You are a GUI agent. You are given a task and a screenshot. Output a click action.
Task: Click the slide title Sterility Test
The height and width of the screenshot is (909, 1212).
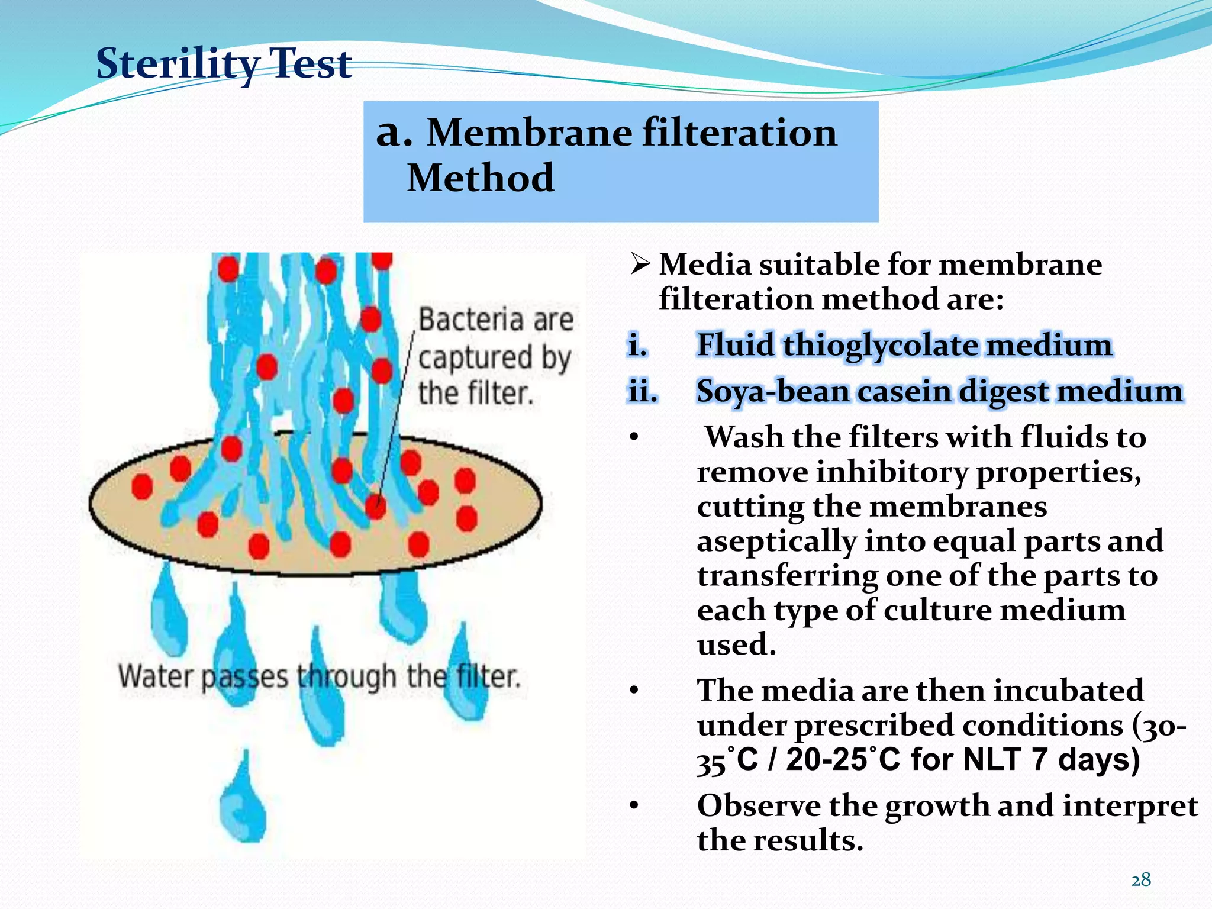point(224,63)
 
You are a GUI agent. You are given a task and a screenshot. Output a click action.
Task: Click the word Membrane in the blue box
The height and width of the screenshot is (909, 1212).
point(530,133)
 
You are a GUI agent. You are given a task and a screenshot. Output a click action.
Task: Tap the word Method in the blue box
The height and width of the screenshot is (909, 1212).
point(480,178)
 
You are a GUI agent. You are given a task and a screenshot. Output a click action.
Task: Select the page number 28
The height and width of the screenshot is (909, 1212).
point(1140,880)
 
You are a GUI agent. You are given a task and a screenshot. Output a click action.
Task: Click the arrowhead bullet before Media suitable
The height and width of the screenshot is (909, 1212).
point(640,263)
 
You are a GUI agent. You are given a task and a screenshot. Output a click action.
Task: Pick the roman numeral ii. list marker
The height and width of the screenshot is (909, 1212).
point(642,392)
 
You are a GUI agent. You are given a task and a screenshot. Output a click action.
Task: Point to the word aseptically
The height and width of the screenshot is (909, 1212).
point(776,541)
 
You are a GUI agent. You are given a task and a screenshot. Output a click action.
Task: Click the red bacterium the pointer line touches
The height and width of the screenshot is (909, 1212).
point(376,506)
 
